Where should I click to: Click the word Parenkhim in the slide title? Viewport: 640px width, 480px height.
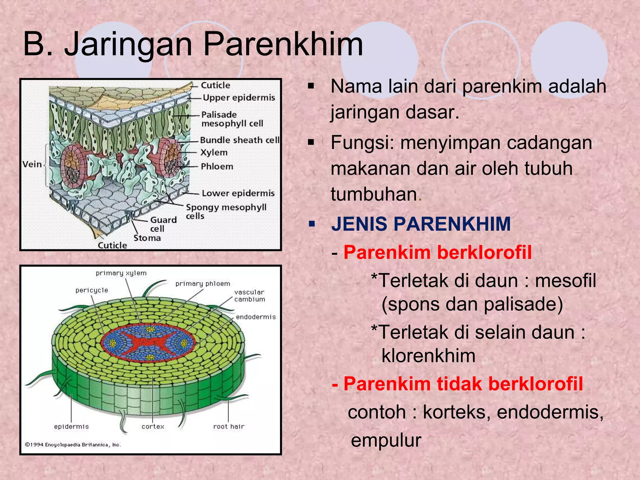tap(283, 45)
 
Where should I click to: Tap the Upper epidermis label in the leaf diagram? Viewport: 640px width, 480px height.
tap(239, 98)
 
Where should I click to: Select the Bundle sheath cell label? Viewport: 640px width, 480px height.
tap(240, 140)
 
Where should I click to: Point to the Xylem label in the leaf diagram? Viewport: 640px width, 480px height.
tap(214, 152)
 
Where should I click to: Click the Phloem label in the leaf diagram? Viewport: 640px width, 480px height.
tap(217, 167)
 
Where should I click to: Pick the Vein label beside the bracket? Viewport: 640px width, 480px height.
tap(32, 164)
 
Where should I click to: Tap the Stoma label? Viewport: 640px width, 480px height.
tap(147, 238)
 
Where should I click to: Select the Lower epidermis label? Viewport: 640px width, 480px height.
tap(238, 193)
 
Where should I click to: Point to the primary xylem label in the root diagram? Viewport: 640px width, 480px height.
tap(121, 273)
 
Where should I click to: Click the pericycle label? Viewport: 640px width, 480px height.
tap(92, 290)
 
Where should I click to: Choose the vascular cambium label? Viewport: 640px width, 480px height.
tap(249, 296)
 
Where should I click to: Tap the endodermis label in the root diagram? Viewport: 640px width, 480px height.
tap(256, 317)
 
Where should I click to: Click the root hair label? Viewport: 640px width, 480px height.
tap(229, 427)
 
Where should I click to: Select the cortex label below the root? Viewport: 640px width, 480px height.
tap(152, 427)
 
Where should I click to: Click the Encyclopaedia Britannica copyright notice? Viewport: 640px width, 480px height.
tap(73, 445)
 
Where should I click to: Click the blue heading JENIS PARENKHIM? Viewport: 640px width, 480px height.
tap(421, 224)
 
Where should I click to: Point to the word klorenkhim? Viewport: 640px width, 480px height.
tap(428, 356)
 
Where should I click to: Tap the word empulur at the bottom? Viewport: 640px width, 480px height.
tap(386, 440)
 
